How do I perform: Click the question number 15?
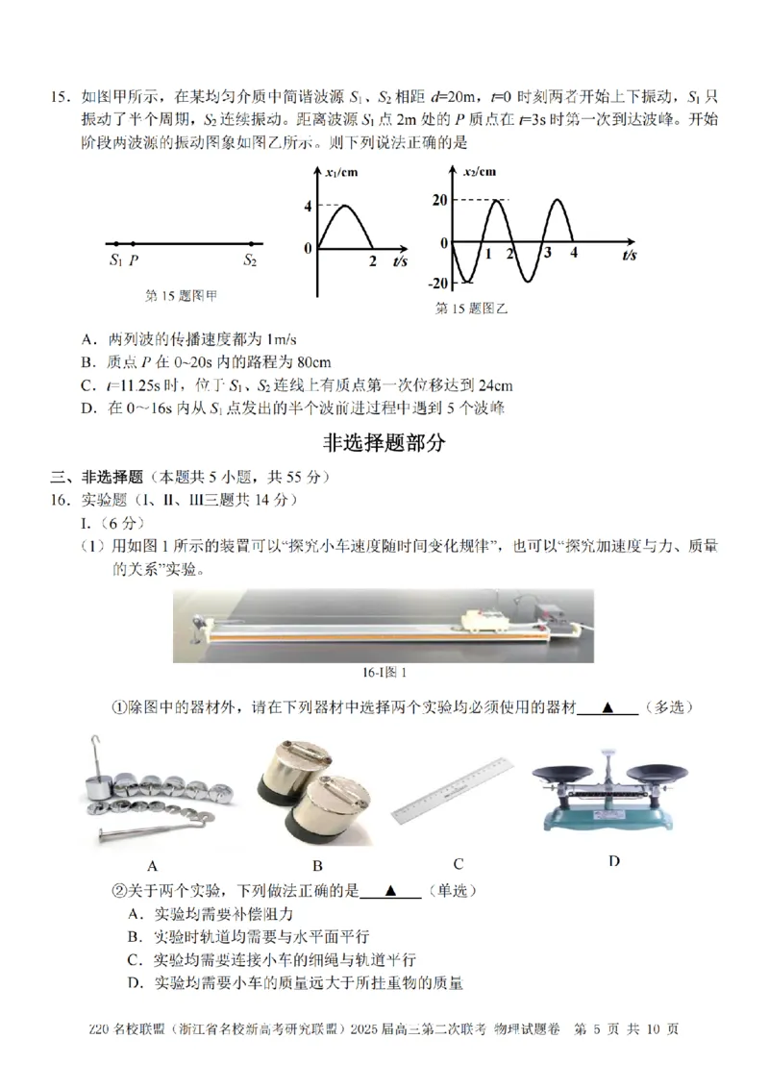61,97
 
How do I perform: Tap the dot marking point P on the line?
133,244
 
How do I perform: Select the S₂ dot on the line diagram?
251,244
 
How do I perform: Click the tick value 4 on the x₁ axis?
308,206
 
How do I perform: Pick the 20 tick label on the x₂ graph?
439,199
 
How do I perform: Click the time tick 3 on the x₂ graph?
548,254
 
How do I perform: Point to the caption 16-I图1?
384,673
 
